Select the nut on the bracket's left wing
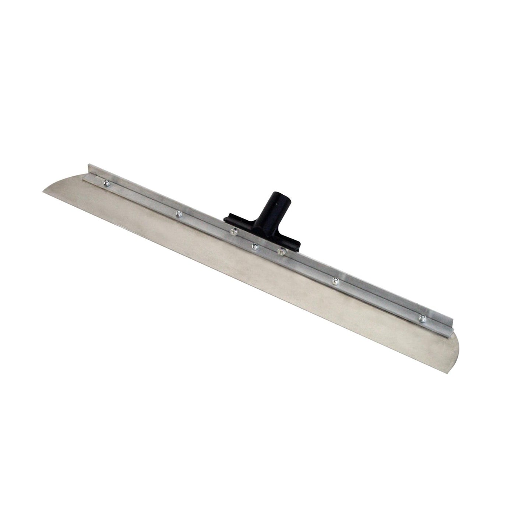[233, 232]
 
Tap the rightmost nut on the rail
[421, 317]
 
